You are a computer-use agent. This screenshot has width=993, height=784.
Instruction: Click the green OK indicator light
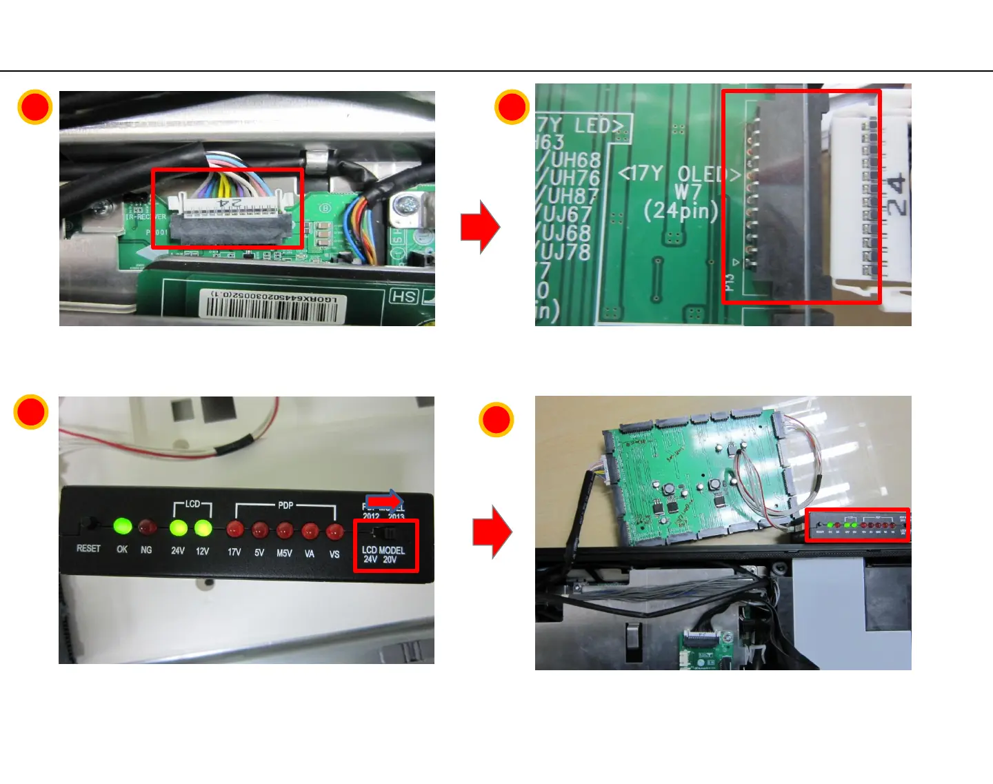(123, 527)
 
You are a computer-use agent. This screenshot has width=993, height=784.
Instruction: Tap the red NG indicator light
(146, 528)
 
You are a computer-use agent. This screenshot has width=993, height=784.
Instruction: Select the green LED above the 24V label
(178, 528)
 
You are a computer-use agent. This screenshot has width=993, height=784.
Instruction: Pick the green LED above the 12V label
(203, 528)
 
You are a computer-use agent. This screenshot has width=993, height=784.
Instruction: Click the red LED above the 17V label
(234, 530)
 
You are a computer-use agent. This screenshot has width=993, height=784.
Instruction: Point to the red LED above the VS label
(334, 532)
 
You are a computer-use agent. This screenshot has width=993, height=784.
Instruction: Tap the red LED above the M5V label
(285, 530)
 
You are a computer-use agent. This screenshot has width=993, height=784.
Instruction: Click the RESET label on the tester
(88, 549)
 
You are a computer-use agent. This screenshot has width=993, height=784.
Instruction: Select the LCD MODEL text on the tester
(383, 550)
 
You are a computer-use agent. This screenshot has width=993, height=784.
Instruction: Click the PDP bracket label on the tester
(285, 505)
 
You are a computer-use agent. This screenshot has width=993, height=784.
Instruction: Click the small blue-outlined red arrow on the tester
(385, 500)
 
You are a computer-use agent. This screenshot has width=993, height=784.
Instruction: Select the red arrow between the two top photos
(480, 227)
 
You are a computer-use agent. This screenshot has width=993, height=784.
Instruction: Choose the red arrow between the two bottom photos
(492, 532)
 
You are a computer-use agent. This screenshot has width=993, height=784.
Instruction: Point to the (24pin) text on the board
(681, 210)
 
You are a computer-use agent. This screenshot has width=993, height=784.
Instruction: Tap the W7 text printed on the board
(688, 192)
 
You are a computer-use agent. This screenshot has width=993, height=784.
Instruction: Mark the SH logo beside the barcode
(404, 296)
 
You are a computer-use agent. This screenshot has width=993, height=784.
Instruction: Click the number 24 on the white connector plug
(894, 195)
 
